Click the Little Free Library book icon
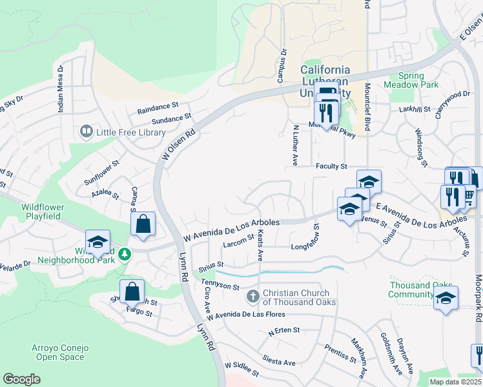point(86,132)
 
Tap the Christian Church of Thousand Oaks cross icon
point(253,297)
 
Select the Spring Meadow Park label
point(411,80)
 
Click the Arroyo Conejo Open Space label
point(58,352)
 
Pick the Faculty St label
point(331,166)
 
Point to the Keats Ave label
point(260,245)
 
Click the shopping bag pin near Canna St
point(143,224)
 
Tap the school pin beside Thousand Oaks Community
point(446,297)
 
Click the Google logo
point(21,379)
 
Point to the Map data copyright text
point(456,382)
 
